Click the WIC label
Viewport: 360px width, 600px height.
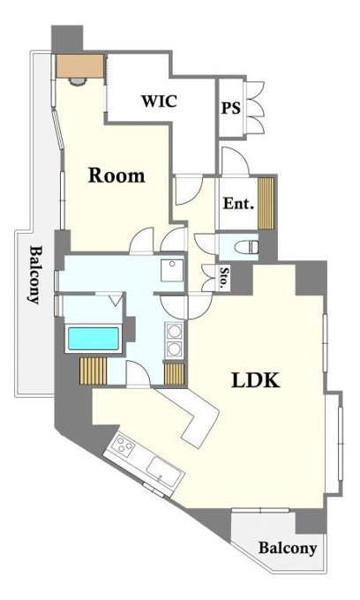pos(159,101)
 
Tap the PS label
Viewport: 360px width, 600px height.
pos(231,108)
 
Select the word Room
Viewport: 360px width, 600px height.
pos(116,176)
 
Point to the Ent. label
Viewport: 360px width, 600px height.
pos(238,203)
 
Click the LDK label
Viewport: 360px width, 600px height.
pos(256,380)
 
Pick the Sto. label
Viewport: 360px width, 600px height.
pos(223,278)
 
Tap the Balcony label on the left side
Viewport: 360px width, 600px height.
pos(34,274)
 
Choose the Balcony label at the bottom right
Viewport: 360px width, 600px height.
pos(288,548)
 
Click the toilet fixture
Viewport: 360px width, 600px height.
pos(247,247)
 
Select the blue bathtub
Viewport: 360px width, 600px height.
pos(94,338)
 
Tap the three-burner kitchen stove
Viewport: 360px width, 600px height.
pos(124,446)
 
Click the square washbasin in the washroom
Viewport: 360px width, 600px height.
pos(172,270)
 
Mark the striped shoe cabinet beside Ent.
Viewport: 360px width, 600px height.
pos(266,203)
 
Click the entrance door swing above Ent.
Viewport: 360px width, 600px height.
pos(235,161)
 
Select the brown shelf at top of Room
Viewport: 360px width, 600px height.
pos(80,66)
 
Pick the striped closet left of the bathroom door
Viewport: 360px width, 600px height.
pos(93,371)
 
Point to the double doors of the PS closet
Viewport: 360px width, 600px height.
pos(254,108)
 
